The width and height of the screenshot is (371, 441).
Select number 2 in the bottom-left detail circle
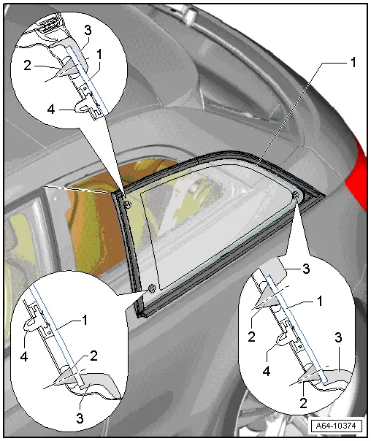93,356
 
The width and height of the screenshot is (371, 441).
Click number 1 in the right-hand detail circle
319,301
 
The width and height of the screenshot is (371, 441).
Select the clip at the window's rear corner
294,195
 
